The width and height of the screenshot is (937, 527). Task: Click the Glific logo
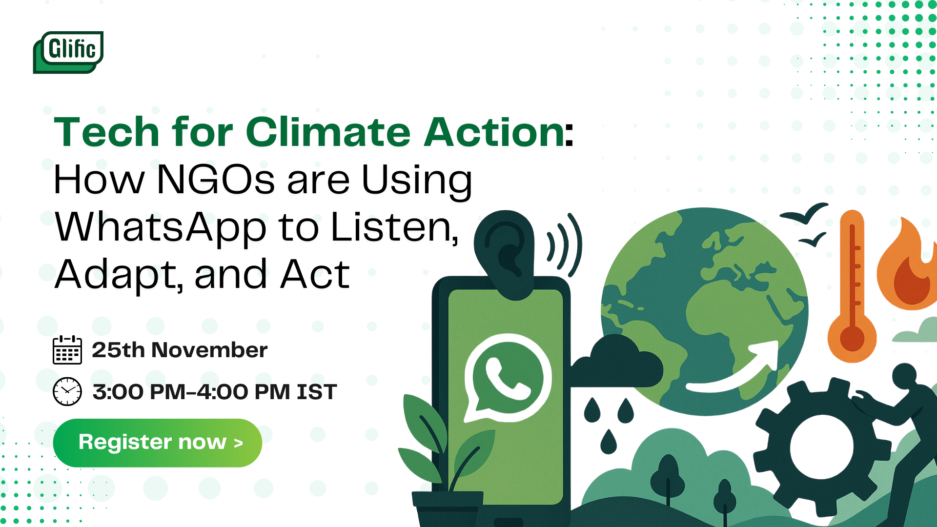coord(68,52)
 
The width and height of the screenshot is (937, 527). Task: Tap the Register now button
coord(158,443)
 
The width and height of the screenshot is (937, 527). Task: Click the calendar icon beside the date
coord(67,350)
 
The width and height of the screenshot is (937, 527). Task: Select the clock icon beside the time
coord(67,391)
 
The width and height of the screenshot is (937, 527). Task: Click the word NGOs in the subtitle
coord(216,180)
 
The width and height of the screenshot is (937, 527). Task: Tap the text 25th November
coord(180,350)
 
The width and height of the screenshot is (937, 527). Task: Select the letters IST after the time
coord(317,392)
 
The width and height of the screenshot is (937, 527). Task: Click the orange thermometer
coord(852,288)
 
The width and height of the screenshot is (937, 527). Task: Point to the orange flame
coord(907,266)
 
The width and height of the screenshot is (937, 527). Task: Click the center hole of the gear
coord(821,446)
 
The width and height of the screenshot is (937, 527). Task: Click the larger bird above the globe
coord(804,213)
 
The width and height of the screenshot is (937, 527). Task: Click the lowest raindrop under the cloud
coord(608,441)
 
